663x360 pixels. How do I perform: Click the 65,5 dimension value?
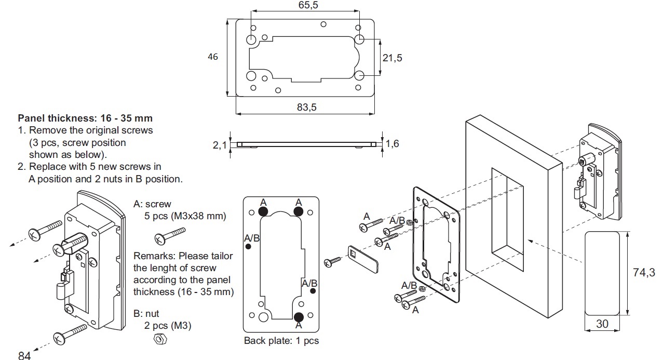(x=305, y=5)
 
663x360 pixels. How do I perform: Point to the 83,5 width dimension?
(x=305, y=107)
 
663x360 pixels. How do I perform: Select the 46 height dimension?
(x=213, y=57)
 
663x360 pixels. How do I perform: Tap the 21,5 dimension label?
(x=392, y=58)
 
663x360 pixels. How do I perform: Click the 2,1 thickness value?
(x=220, y=145)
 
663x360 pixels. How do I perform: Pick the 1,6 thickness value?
(x=392, y=143)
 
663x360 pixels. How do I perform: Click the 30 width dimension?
(x=602, y=324)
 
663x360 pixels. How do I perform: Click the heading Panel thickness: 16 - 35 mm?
(x=85, y=118)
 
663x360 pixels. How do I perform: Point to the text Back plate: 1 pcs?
(x=281, y=341)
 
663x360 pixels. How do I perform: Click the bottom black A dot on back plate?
(x=299, y=316)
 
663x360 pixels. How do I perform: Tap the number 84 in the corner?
(x=24, y=356)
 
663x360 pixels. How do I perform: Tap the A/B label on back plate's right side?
(x=309, y=283)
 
